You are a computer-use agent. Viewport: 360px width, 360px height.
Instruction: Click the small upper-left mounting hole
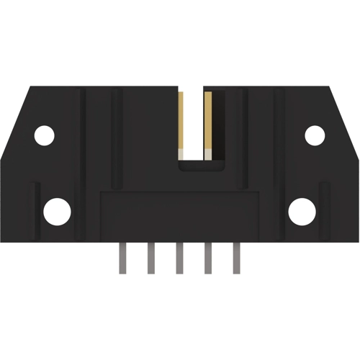pyautogui.click(x=45, y=135)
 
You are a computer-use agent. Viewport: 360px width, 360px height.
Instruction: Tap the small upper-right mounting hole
pyautogui.click(x=315, y=135)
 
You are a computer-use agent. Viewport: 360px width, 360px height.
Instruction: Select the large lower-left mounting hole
pyautogui.click(x=57, y=212)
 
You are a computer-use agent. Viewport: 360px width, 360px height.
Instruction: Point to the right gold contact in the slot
pyautogui.click(x=207, y=122)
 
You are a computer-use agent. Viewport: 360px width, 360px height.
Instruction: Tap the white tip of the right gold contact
pyautogui.click(x=207, y=153)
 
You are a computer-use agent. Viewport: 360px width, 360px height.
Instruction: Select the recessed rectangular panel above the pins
pyautogui.click(x=179, y=216)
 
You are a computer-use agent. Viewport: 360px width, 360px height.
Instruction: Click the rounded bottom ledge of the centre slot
pyautogui.click(x=195, y=166)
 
